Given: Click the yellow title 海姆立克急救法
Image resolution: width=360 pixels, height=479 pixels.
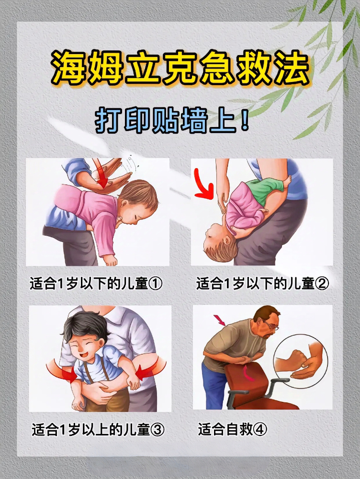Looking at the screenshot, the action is (180, 68).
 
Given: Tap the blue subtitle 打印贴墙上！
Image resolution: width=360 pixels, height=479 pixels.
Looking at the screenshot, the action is (172, 122).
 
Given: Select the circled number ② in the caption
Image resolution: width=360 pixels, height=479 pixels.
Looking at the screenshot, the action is (322, 284).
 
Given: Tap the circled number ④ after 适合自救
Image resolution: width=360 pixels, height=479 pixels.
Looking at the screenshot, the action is (260, 430).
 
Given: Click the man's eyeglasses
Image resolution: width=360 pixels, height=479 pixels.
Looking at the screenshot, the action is (270, 325).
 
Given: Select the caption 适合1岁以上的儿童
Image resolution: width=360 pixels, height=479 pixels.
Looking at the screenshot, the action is (90, 430).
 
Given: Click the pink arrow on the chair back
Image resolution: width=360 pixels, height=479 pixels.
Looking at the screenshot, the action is (248, 373).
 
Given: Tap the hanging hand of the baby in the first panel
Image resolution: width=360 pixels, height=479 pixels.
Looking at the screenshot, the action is (110, 260).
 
